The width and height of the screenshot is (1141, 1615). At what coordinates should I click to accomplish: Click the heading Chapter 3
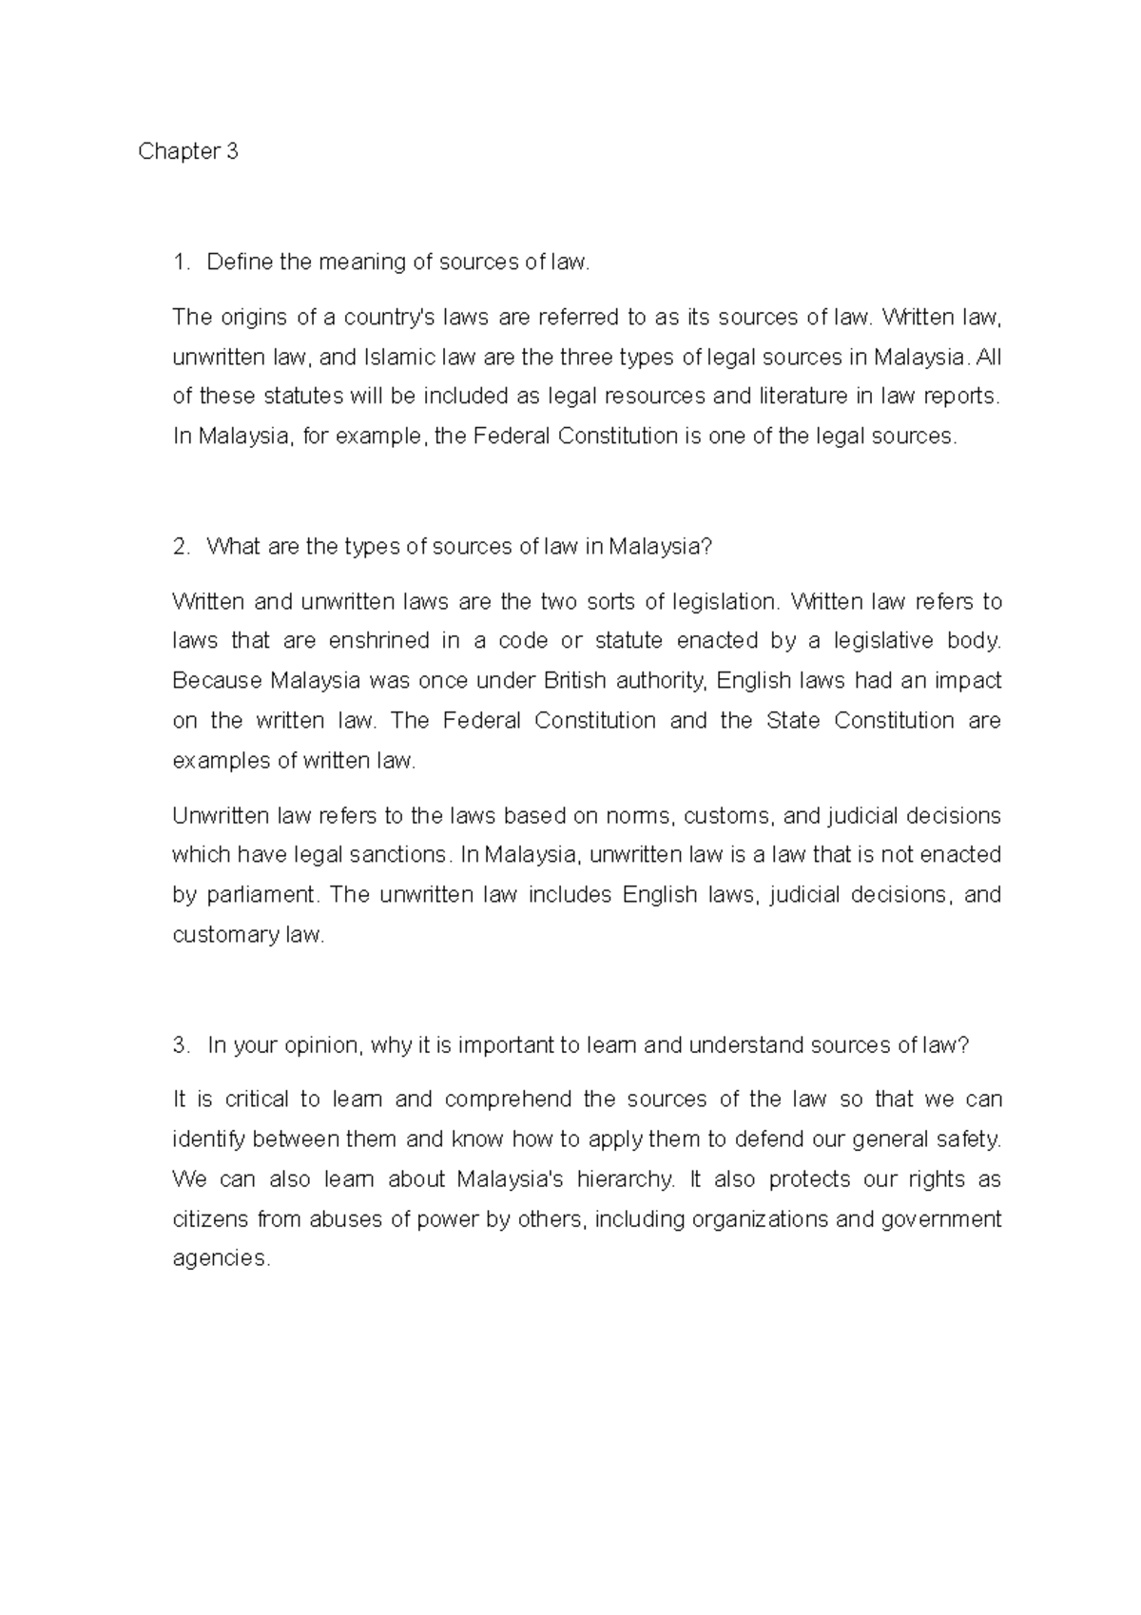[x=187, y=152]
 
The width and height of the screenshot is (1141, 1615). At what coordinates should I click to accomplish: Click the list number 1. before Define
[x=182, y=263]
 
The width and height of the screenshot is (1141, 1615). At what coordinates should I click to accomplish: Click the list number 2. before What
[x=182, y=547]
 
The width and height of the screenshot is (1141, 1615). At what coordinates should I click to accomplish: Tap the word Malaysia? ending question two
[x=659, y=547]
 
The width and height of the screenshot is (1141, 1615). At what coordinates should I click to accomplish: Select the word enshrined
[x=378, y=641]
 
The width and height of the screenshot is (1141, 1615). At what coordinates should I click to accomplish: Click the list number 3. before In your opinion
[x=182, y=1045]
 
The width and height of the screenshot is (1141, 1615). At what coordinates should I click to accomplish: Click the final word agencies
[x=221, y=1259]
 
